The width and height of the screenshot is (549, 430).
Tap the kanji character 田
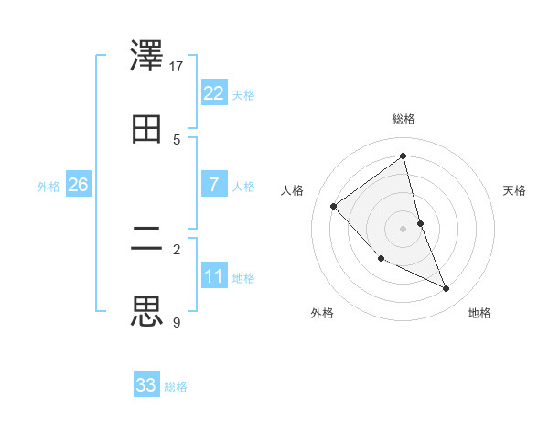pos(147,129)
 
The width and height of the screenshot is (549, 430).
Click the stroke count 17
pos(177,66)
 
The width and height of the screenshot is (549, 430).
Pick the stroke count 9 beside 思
pos(177,322)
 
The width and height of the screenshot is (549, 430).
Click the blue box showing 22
pos(213,93)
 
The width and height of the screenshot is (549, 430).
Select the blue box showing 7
pos(213,185)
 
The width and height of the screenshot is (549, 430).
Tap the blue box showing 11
pos(213,276)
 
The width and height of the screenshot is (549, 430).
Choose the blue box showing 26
pos(78,185)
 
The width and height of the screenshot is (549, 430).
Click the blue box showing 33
pos(146,385)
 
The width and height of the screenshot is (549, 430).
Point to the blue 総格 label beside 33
pos(176,387)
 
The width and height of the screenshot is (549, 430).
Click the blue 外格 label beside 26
pos(48,187)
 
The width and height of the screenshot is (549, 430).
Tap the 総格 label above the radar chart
pos(403,119)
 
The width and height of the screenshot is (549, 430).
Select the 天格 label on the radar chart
pos(515,190)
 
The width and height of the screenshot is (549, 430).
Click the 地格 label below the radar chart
pos(479,313)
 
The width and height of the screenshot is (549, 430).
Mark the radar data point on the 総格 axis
pos(403,156)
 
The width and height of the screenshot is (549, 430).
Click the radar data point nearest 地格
pos(447,288)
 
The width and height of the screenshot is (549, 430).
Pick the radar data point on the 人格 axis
pos(334,206)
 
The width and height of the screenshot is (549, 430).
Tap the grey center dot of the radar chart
pos(403,228)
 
